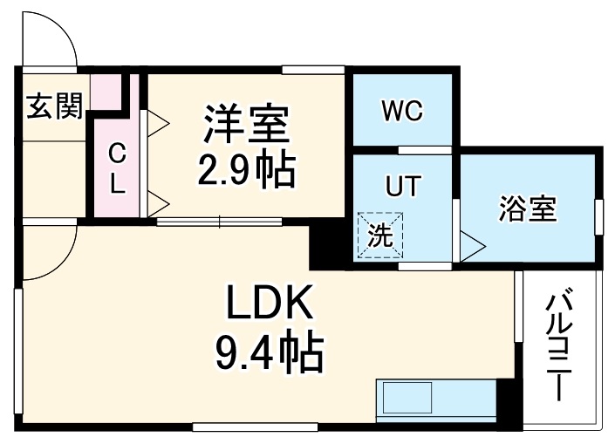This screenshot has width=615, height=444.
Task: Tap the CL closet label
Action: (116, 168)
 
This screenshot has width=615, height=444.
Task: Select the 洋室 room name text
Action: (247, 125)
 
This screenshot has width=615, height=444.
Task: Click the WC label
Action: (401, 112)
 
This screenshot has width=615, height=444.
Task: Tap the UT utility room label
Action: (403, 186)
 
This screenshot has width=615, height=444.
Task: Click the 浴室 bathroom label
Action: (528, 209)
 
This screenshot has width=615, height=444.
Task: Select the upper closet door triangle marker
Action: (155, 122)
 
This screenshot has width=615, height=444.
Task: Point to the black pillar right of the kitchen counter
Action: (503, 402)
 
